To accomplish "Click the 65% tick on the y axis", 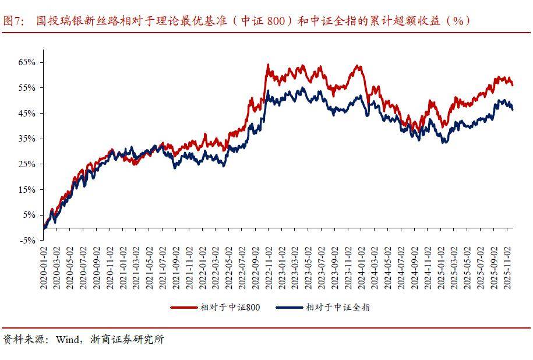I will pos(28,62).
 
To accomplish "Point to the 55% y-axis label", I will pos(28,87).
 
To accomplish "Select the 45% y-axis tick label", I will pos(28,113).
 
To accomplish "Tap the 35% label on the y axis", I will pos(28,139).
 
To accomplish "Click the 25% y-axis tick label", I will pos(28,164).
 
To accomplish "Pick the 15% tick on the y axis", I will pos(28,190).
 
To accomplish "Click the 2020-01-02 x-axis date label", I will pos(44,265).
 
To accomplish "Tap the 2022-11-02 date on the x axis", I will pos(269,265).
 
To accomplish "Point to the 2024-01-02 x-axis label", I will pos(362,265).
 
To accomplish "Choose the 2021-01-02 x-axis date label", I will pos(123,265).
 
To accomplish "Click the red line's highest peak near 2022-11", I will pos(267,65).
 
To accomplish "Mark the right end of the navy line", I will pos(513,110).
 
